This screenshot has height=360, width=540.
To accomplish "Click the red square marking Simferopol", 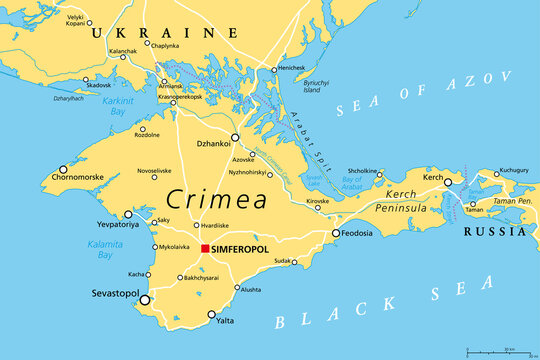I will coord(205,248).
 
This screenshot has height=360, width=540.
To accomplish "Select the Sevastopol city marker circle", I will coord(145,299).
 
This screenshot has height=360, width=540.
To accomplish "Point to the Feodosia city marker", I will coord(336,234).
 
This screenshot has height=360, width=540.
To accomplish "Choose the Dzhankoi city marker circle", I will coord(235,138).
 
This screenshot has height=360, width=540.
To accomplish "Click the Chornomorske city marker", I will coord(63,170).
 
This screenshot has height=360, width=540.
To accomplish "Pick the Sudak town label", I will coord(283,260).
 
